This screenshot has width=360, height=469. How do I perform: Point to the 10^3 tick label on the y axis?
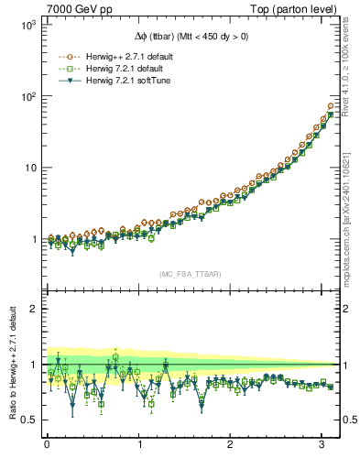pyautogui.click(x=27, y=25)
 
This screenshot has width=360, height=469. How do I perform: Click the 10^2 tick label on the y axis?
pyautogui.click(x=27, y=96)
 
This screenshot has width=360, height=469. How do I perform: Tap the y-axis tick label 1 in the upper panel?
pyautogui.click(x=33, y=239)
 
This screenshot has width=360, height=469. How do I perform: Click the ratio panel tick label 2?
pyautogui.click(x=33, y=309)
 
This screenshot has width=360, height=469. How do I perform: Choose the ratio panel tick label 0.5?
pyautogui.click(x=29, y=420)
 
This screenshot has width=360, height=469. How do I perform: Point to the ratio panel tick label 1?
pyautogui.click(x=33, y=365)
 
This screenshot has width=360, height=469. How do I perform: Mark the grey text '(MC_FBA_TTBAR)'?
pyautogui.click(x=190, y=274)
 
